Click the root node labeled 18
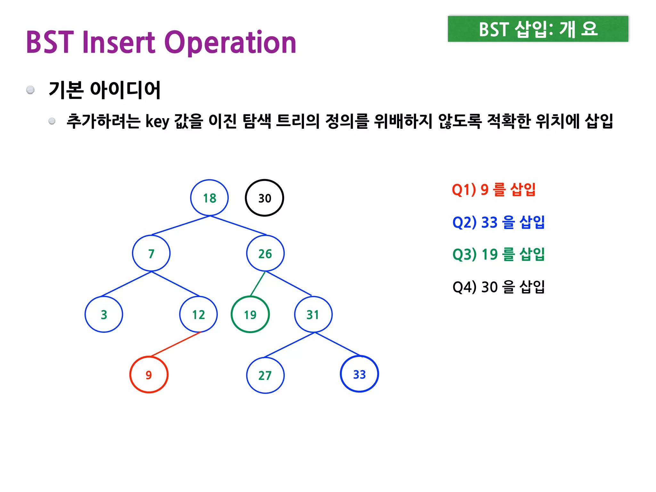point(209,198)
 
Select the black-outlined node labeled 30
point(264,198)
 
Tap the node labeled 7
point(151,253)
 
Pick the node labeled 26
point(265,253)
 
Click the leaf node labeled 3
point(104,314)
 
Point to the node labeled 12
point(198,314)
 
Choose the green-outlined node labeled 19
point(250,314)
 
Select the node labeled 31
point(313,314)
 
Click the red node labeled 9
point(149,374)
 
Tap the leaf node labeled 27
point(265,375)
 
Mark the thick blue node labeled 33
point(359,374)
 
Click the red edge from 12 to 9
point(176,344)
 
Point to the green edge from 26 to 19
point(258,284)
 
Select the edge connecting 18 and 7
point(180,225)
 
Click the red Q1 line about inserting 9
point(494,189)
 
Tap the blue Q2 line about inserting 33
point(498,222)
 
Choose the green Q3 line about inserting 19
point(498,254)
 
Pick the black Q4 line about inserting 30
point(498,287)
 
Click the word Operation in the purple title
point(230,42)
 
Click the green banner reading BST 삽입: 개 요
point(538,29)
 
